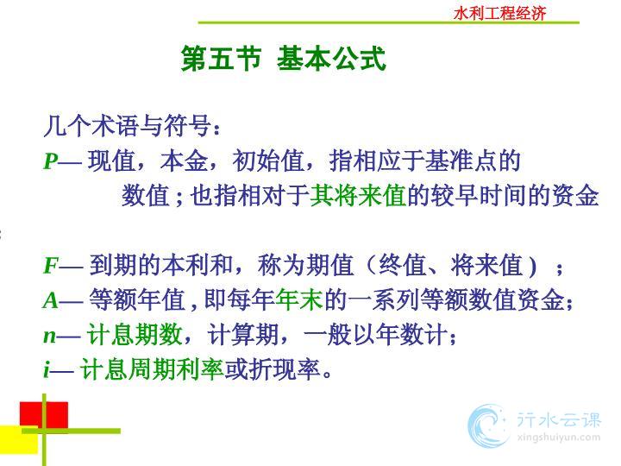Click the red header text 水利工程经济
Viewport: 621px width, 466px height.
click(499, 13)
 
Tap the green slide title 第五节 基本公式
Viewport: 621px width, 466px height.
click(283, 59)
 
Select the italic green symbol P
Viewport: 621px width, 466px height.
click(51, 161)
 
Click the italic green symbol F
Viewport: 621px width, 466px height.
click(51, 266)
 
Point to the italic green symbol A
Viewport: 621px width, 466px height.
click(51, 300)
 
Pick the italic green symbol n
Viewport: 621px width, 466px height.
click(49, 337)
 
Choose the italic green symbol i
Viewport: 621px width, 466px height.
click(47, 370)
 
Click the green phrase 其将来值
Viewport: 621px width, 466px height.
click(358, 196)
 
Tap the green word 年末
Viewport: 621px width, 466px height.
click(299, 300)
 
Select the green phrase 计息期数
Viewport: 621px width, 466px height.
click(135, 335)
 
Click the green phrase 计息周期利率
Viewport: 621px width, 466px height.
click(152, 369)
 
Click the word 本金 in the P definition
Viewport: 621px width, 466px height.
click(185, 161)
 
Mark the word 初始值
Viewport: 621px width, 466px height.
click(268, 161)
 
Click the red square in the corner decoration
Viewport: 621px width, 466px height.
click(44, 415)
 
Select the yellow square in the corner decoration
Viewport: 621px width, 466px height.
click(19, 439)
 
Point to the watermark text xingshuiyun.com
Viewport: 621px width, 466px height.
click(558, 438)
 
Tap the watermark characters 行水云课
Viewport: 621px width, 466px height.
click(558, 419)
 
